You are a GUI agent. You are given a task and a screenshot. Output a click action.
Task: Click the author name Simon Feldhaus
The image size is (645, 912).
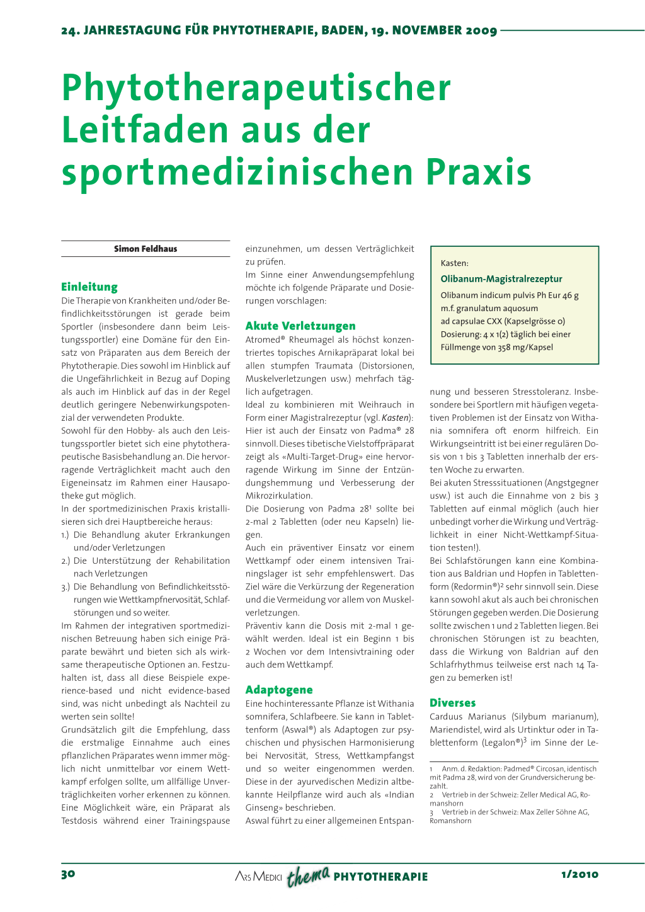(x=146, y=249)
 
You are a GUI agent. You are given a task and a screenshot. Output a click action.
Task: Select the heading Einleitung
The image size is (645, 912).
(x=89, y=287)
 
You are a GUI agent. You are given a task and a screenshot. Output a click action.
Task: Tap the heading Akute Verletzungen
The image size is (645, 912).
(x=300, y=326)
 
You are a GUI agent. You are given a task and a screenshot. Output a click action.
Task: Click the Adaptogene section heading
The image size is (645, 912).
(x=279, y=690)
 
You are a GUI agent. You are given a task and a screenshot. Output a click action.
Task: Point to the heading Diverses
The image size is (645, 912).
(x=452, y=703)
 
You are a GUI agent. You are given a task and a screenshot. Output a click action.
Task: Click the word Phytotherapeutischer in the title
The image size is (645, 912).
(x=256, y=88)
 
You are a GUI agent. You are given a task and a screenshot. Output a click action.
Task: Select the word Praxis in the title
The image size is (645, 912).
(x=478, y=171)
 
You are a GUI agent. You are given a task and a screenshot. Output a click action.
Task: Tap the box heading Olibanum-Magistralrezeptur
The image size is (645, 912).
(x=501, y=279)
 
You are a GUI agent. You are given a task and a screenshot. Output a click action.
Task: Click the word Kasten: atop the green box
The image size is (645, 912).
(x=454, y=263)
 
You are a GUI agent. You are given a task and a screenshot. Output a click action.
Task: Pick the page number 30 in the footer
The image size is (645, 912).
(x=68, y=874)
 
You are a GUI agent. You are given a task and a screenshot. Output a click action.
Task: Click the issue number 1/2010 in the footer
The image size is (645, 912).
(x=579, y=874)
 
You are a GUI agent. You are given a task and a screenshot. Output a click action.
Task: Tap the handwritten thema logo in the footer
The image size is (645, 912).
(x=308, y=875)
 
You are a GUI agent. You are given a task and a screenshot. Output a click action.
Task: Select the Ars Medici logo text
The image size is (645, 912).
(x=258, y=876)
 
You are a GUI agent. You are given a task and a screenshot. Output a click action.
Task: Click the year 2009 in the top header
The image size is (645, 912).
(x=481, y=30)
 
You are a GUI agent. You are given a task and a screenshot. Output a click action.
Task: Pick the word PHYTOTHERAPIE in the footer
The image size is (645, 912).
(x=380, y=877)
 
